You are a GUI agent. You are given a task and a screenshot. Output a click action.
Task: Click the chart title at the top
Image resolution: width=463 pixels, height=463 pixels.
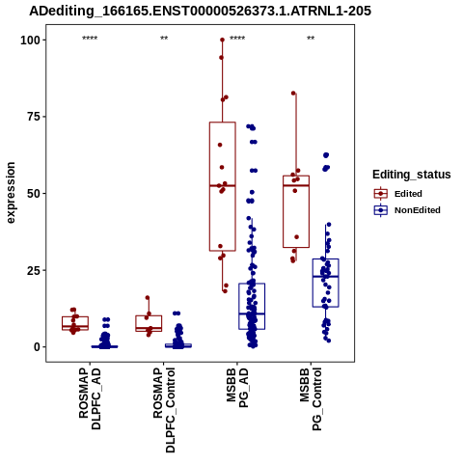tap(200, 12)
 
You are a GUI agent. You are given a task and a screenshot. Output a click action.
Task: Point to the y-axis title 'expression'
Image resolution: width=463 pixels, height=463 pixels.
tap(11, 193)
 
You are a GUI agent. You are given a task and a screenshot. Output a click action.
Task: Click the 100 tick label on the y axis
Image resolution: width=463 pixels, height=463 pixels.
tap(31, 41)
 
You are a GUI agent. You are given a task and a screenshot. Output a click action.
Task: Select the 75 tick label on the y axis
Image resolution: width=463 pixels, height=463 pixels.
tap(34, 117)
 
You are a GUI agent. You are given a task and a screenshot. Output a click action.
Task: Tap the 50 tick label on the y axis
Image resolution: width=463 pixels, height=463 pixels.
tap(34, 194)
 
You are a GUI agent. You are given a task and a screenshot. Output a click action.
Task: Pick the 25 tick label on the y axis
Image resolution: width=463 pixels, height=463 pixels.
tap(34, 270)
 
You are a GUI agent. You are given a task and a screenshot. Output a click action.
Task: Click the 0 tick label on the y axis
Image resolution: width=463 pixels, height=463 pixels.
tap(38, 347)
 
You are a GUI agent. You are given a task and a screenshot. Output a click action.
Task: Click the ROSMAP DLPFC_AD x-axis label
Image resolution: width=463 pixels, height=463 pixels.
tap(90, 398)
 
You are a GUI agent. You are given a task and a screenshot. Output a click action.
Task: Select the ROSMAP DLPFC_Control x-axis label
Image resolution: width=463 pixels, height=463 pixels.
tap(164, 410)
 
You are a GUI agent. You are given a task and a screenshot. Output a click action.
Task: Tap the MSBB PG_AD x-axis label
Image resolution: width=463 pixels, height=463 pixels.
tap(237, 388)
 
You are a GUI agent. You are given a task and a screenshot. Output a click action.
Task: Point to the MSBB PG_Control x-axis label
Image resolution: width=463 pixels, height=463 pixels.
tap(311, 399)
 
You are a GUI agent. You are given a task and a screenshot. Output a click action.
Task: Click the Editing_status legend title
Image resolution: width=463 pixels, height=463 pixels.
tap(412, 175)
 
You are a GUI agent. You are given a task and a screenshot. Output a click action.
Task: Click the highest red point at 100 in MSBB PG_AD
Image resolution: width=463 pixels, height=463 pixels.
tap(222, 40)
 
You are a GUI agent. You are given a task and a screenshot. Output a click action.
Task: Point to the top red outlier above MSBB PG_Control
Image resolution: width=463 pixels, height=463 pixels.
tap(293, 94)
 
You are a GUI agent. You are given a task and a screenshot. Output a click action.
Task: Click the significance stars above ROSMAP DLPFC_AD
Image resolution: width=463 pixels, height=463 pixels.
tap(90, 39)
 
